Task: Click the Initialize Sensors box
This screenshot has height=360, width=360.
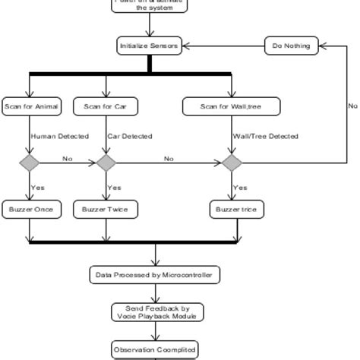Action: tap(149, 46)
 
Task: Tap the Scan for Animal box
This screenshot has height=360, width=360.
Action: tap(31, 107)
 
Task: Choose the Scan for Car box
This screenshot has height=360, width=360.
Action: tap(106, 107)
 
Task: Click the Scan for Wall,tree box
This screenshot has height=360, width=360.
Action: tap(231, 107)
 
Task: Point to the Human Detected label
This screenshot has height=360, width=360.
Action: tap(59, 137)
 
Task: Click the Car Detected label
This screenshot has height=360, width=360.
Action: tap(130, 137)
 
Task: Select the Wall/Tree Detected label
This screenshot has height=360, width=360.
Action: tap(265, 137)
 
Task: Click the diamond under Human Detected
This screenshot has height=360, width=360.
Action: tap(29, 162)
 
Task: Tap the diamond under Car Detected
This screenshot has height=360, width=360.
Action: tap(106, 162)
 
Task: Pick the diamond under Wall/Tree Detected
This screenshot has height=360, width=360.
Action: tap(232, 162)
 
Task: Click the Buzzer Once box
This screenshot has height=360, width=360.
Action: tap(31, 210)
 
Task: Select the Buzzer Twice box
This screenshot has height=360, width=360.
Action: tap(106, 210)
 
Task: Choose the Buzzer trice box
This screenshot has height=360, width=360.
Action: tap(237, 210)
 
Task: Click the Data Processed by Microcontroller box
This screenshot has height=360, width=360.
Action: tap(155, 274)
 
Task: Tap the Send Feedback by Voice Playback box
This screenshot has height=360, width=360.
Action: tap(155, 312)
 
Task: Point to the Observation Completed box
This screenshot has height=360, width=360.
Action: tap(155, 349)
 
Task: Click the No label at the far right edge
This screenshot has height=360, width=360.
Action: tap(352, 106)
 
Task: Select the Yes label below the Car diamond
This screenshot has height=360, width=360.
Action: tap(115, 187)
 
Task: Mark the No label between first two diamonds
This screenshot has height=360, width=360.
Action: tap(67, 159)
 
